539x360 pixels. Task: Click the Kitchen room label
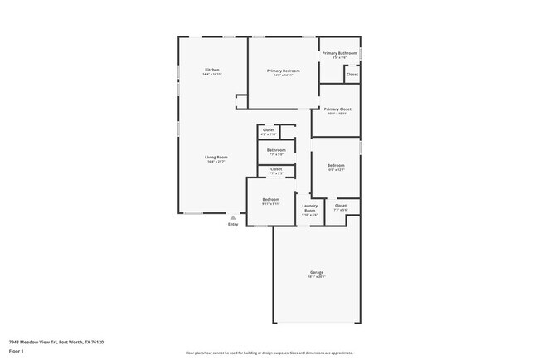pos(211,70)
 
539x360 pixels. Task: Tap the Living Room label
pos(216,157)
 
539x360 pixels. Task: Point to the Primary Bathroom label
pos(339,53)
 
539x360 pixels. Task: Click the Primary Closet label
pos(337,109)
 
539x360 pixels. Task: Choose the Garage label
pos(317,272)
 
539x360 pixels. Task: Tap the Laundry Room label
pos(309,207)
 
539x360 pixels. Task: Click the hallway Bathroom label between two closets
pos(275,150)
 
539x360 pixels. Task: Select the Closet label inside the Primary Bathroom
pos(352,74)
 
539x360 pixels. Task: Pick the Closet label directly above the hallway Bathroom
pos(269,129)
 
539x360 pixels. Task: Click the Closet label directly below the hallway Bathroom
pos(275,169)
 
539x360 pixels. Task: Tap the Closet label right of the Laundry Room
pos(341,205)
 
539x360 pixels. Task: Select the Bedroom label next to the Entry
pos(271,199)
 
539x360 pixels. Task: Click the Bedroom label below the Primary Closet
pos(335,165)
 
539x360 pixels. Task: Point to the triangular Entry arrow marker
pos(232,217)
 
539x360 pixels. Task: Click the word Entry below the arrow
pos(232,224)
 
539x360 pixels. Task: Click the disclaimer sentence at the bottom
pos(269,353)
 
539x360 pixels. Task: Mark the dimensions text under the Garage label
pos(317,277)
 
